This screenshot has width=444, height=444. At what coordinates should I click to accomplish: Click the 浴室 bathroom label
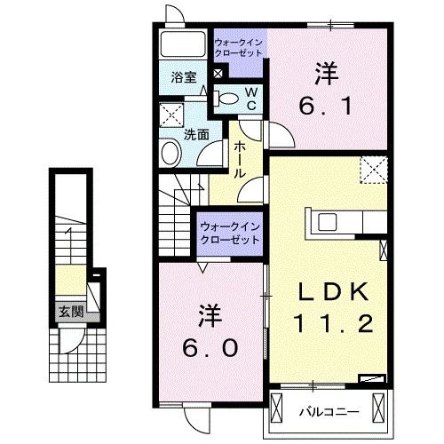(184, 77)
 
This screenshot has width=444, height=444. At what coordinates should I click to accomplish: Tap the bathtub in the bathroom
(184, 45)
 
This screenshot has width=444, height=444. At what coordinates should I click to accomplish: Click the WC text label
(251, 98)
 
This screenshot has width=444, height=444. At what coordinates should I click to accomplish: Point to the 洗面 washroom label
(195, 135)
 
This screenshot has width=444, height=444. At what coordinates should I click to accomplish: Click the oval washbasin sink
(169, 154)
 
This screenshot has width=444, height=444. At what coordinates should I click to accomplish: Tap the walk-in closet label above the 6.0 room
(228, 234)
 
